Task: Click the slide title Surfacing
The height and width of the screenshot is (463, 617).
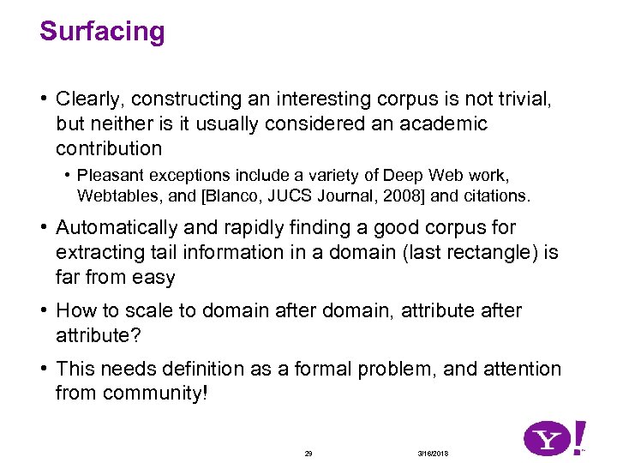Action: pos(102,33)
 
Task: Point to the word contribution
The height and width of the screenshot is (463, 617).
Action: pos(109,148)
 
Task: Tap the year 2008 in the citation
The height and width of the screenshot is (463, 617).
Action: pos(401,195)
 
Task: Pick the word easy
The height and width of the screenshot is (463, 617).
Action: pos(155,278)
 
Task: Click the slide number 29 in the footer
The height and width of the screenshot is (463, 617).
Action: pos(308,453)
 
